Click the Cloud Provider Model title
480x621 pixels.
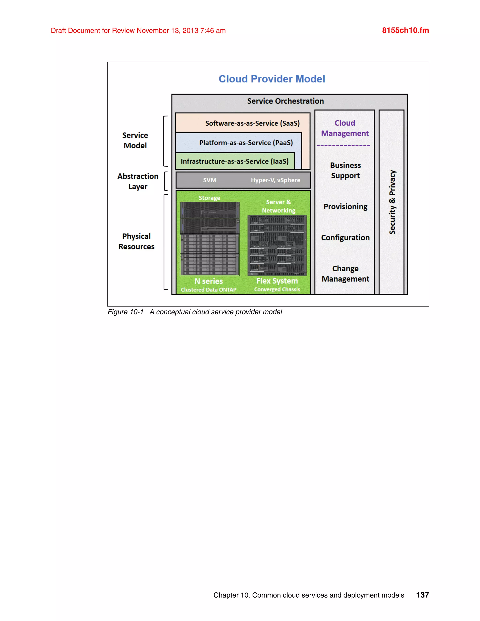click(x=272, y=79)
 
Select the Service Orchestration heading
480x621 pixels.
click(x=285, y=101)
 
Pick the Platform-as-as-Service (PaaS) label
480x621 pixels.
click(x=246, y=142)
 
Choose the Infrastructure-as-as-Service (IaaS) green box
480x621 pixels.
click(x=235, y=161)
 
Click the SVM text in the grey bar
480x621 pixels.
click(x=210, y=180)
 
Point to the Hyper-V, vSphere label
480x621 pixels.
click(x=275, y=180)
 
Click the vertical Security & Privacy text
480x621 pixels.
click(x=392, y=202)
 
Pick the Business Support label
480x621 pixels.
click(x=345, y=170)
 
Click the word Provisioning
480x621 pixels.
click(x=345, y=206)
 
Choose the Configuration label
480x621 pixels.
click(x=345, y=237)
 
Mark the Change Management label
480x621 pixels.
click(x=345, y=273)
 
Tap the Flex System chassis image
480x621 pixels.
click(x=277, y=245)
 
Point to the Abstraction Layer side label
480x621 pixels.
click(x=138, y=181)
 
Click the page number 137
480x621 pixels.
click(x=422, y=595)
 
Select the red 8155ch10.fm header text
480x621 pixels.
click(x=405, y=30)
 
